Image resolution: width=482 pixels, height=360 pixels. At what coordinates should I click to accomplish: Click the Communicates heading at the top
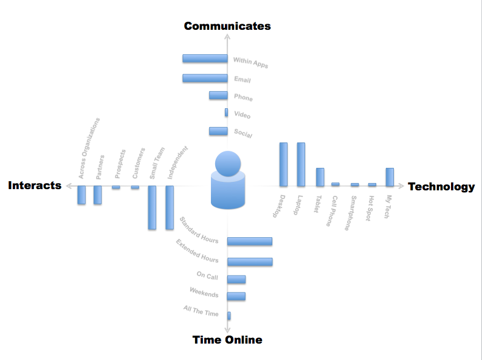(x=227, y=26)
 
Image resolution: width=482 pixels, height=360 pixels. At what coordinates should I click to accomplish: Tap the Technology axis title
(x=441, y=187)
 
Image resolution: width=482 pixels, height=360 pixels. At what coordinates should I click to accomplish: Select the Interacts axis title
(x=35, y=185)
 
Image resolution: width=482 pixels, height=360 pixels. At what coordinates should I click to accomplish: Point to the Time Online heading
(x=227, y=340)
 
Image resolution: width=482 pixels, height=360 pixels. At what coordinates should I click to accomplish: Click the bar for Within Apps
(x=205, y=58)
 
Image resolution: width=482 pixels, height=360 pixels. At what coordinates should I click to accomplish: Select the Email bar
(x=205, y=78)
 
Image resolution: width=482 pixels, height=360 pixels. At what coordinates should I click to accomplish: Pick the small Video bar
(x=226, y=112)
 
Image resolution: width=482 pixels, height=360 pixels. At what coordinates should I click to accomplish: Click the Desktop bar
(x=283, y=164)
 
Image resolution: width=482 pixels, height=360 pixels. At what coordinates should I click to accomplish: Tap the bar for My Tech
(x=390, y=177)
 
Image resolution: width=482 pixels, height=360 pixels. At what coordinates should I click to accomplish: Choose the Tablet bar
(x=320, y=177)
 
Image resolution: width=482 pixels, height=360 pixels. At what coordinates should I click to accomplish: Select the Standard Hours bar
(x=250, y=241)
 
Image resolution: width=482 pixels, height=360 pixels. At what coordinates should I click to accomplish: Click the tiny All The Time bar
(x=229, y=316)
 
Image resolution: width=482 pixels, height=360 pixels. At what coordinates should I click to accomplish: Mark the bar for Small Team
(x=152, y=207)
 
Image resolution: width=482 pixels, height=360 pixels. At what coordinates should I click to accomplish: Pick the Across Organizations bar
(x=81, y=195)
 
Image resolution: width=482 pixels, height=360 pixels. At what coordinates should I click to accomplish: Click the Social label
(x=243, y=134)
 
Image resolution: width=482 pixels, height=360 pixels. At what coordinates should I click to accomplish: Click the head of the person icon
(x=228, y=164)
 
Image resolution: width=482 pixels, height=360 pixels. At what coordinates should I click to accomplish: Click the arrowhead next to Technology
(x=401, y=186)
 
